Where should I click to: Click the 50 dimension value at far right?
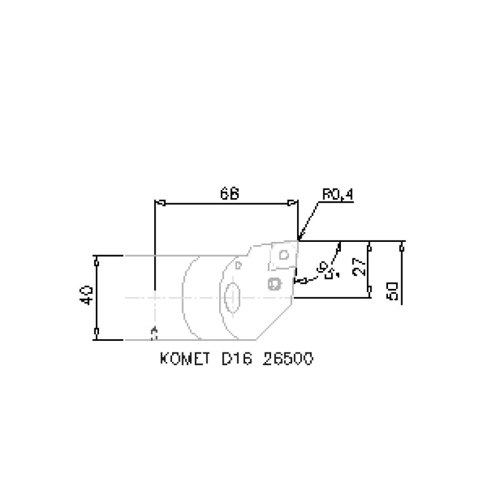392,290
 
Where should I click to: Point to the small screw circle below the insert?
274,283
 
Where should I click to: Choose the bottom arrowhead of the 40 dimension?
96,331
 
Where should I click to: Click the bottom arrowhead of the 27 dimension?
369,290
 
